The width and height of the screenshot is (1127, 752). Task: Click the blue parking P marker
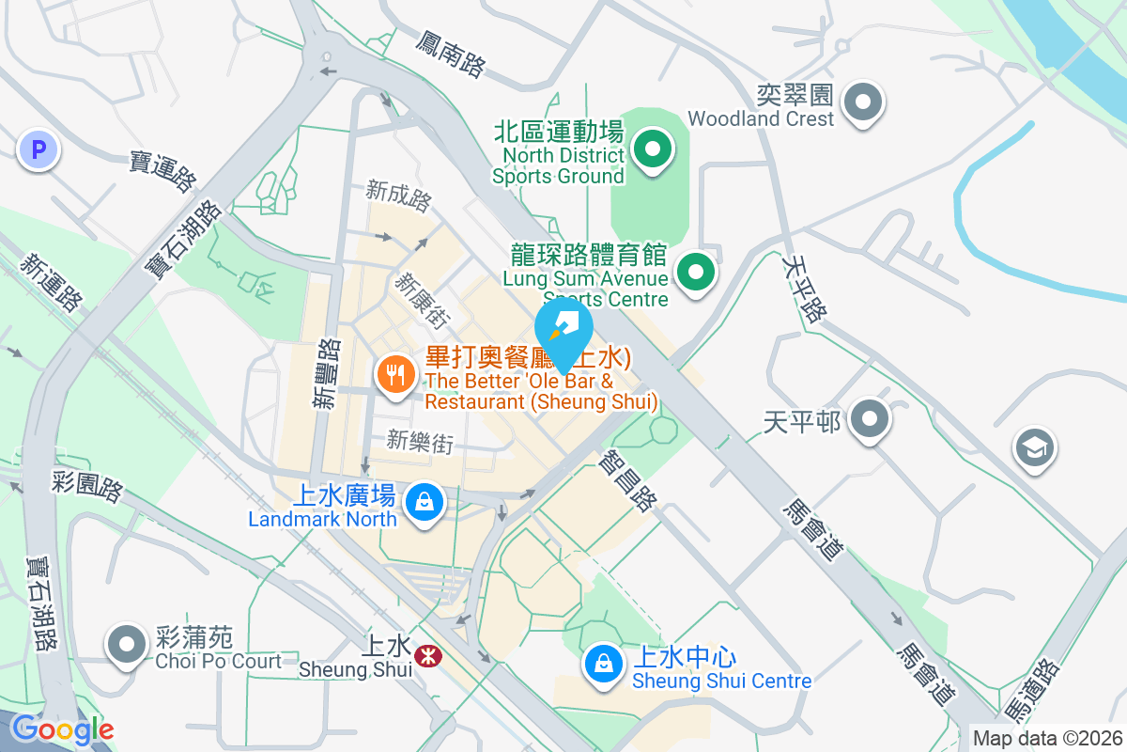(39, 149)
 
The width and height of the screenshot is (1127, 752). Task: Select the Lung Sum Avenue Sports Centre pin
(696, 274)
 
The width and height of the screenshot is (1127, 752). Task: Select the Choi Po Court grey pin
(127, 645)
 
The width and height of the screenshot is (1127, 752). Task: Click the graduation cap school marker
(1035, 448)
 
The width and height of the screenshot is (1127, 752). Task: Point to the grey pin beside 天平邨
(870, 418)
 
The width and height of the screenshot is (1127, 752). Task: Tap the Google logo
(62, 729)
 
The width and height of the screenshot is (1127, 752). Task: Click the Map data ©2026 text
(1046, 738)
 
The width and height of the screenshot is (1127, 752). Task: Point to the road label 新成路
(398, 196)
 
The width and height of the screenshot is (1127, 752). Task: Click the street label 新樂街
(420, 441)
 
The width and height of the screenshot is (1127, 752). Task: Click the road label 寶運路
(163, 166)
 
